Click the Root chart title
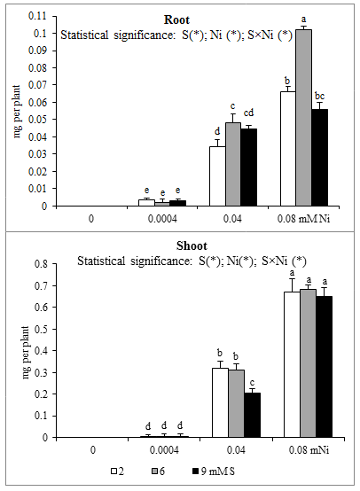pos(176,20)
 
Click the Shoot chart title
pos(192,245)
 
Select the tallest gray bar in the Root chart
pos(303,118)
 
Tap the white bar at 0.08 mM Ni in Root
pos(288,149)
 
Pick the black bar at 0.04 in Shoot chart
pos(252,415)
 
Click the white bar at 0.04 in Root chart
pos(217,176)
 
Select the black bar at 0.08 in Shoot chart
pos(324,367)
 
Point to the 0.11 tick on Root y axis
pos(55,16)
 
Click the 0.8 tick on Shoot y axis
pos(55,263)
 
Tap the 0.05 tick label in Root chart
pos(37,120)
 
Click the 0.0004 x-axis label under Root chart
pos(162,219)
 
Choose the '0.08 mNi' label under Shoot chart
pos(309,450)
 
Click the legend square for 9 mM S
pos(195,472)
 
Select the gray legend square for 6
pos(154,472)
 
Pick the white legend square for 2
pos(114,472)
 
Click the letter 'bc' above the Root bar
pos(319,96)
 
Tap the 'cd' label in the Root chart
pos(248,113)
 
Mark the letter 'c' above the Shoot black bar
pos(252,383)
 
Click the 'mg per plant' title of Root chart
pos(17,111)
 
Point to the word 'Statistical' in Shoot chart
pos(101,261)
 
